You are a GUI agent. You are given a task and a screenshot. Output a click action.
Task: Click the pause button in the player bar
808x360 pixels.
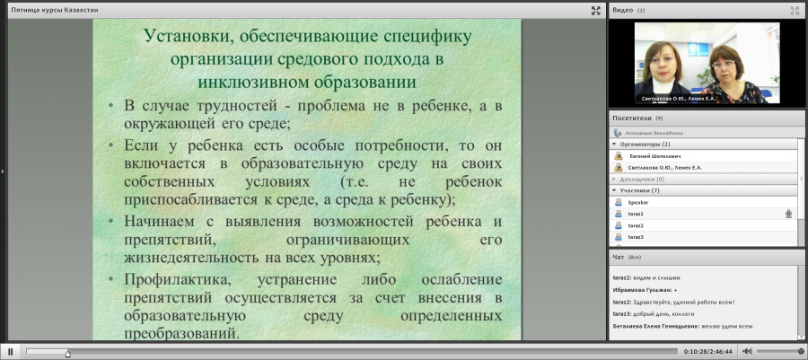click(x=10, y=352)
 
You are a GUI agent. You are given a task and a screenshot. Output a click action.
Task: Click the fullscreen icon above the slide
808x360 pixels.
click(x=596, y=10)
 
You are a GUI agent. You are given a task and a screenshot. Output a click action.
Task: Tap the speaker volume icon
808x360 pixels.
click(x=747, y=351)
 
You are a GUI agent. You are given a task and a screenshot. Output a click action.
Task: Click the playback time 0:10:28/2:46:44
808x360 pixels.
click(x=707, y=352)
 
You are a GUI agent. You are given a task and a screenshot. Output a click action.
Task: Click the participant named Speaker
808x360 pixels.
click(x=638, y=202)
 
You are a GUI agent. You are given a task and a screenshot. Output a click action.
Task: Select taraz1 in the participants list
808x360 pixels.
click(x=636, y=214)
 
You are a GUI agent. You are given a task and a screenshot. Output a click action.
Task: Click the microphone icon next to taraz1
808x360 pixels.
click(x=788, y=214)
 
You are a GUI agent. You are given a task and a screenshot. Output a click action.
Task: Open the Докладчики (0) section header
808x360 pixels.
click(x=642, y=180)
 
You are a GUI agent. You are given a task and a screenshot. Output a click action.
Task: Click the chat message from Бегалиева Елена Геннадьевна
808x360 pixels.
click(x=683, y=326)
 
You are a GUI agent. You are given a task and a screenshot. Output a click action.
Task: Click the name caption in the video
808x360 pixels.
click(x=678, y=99)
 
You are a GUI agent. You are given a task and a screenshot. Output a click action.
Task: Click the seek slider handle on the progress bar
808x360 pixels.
click(x=67, y=354)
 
